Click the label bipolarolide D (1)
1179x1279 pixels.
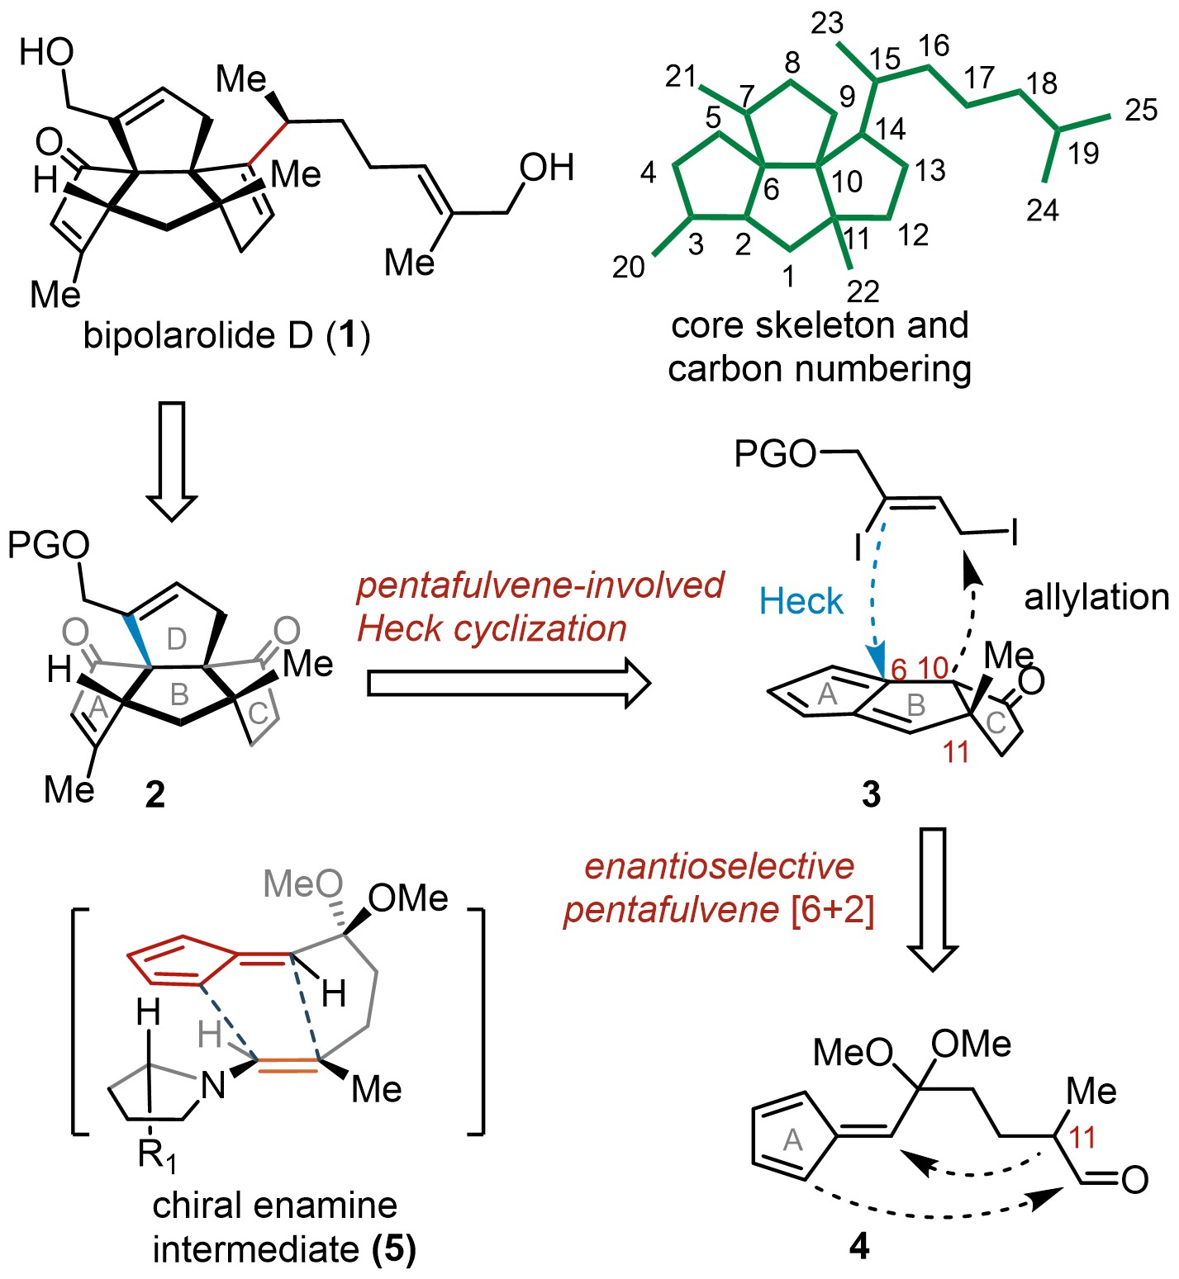point(227,336)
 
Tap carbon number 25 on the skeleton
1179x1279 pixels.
point(1141,110)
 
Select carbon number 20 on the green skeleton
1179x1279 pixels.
point(629,267)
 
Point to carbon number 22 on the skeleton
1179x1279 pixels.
point(863,291)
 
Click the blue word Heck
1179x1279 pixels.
point(801,601)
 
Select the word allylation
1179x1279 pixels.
point(1096,597)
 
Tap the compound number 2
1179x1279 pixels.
point(155,794)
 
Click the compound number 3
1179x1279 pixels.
point(871,794)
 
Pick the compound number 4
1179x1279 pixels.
point(859,1246)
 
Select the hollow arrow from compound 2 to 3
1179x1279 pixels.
point(508,683)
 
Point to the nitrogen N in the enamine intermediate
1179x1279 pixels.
point(213,1084)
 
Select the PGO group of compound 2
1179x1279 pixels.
point(50,546)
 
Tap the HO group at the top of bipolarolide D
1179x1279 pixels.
point(46,53)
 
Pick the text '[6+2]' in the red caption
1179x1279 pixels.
point(832,911)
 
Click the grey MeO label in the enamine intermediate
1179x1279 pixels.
point(302,884)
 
